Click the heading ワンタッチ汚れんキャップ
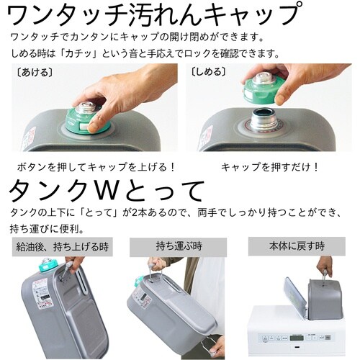tap(151, 14)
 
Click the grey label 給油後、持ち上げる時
tap(60, 247)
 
